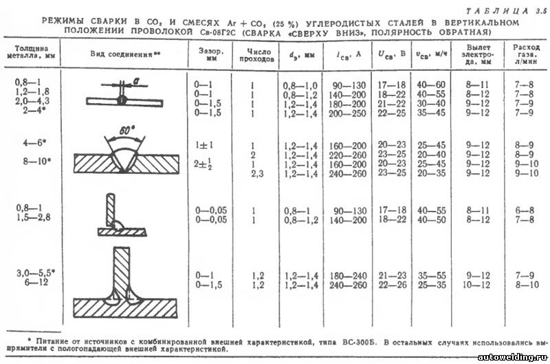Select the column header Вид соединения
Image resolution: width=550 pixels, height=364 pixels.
(130, 53)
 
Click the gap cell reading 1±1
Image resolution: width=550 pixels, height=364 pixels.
(201, 146)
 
